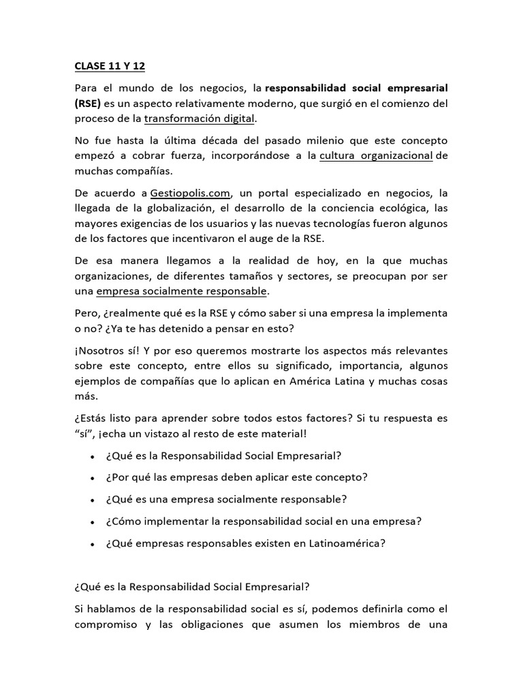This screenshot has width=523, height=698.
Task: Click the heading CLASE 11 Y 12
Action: (x=110, y=66)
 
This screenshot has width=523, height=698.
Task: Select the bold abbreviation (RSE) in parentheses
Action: (x=88, y=103)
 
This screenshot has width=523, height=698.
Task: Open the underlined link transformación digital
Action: (x=199, y=119)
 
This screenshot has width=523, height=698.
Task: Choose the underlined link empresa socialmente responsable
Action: (x=182, y=292)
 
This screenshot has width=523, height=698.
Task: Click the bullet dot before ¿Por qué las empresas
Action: (x=92, y=478)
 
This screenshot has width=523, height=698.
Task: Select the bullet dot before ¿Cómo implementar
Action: (x=92, y=521)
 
